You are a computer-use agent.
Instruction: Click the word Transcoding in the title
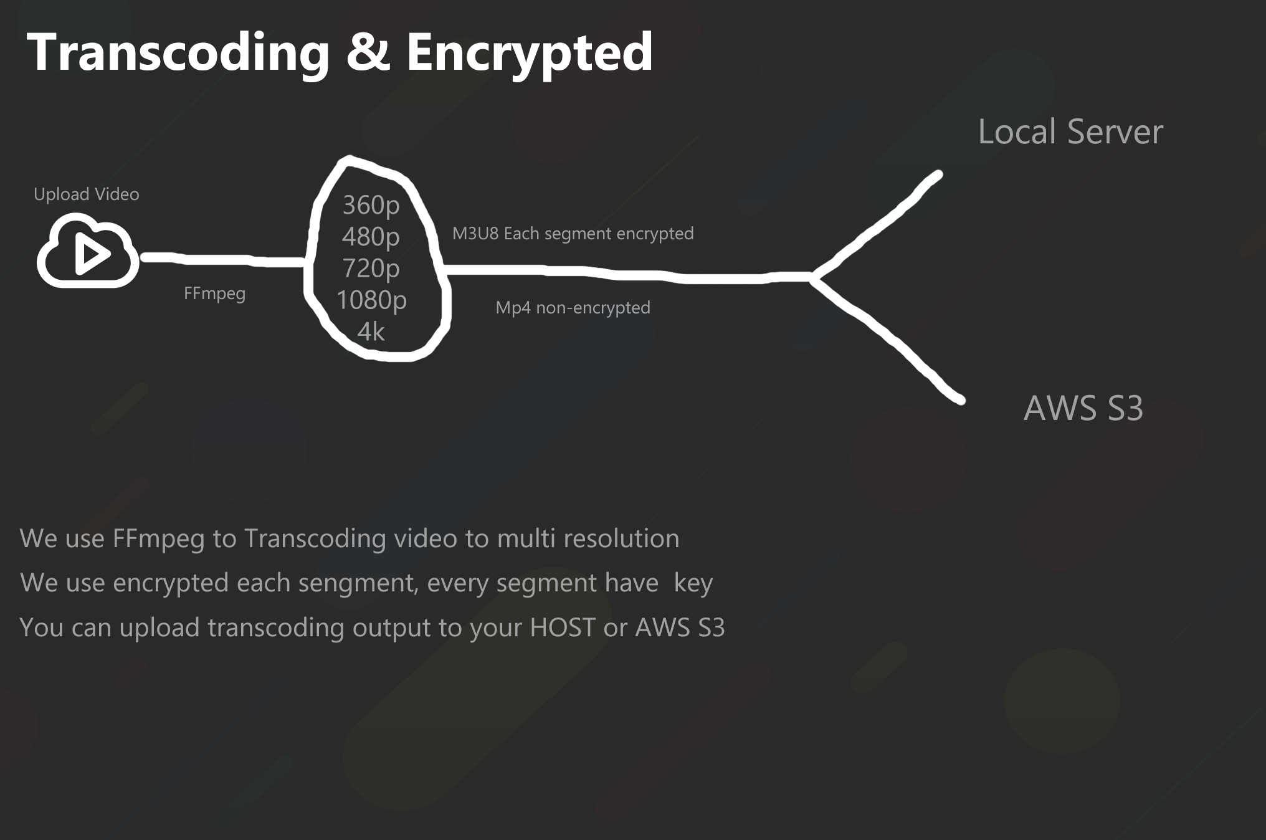pos(178,52)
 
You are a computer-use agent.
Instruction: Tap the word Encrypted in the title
pos(530,52)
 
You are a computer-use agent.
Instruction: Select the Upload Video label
pos(87,194)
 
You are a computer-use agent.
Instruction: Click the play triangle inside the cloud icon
pos(92,254)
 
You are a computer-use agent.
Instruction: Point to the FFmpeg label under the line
pos(214,293)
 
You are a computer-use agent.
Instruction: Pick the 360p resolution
pos(371,205)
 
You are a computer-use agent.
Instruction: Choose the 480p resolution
pos(371,237)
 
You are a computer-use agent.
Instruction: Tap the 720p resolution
pos(371,269)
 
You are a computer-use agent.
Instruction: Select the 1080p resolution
pos(371,300)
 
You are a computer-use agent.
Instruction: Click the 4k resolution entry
pos(371,332)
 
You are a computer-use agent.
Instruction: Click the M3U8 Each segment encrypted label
pos(573,234)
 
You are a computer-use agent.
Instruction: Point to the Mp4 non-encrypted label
pos(573,308)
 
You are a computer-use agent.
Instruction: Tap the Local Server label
pos(1070,132)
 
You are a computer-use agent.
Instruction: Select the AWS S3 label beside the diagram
pos(1083,409)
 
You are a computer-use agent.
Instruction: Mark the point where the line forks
pos(812,277)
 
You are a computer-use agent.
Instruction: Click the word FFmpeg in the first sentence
pos(158,539)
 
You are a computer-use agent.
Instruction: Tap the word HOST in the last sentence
pos(562,628)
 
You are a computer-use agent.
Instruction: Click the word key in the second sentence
pos(693,583)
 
